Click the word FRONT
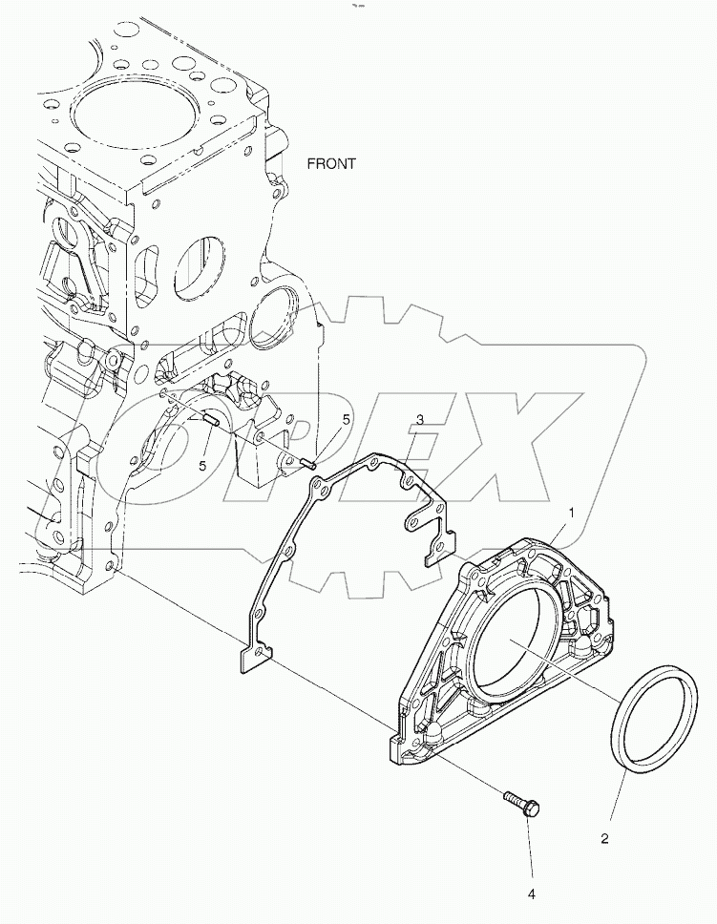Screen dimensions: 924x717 (x=331, y=164)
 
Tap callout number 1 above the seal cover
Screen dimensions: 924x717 (x=571, y=514)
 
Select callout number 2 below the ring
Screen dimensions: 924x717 (x=604, y=841)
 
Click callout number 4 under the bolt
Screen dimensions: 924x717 (x=532, y=894)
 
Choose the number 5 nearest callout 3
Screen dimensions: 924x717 (x=347, y=420)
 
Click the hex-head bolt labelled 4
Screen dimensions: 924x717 (x=518, y=801)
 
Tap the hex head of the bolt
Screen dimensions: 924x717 (x=532, y=810)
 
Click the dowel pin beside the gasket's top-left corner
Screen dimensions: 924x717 (x=307, y=464)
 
